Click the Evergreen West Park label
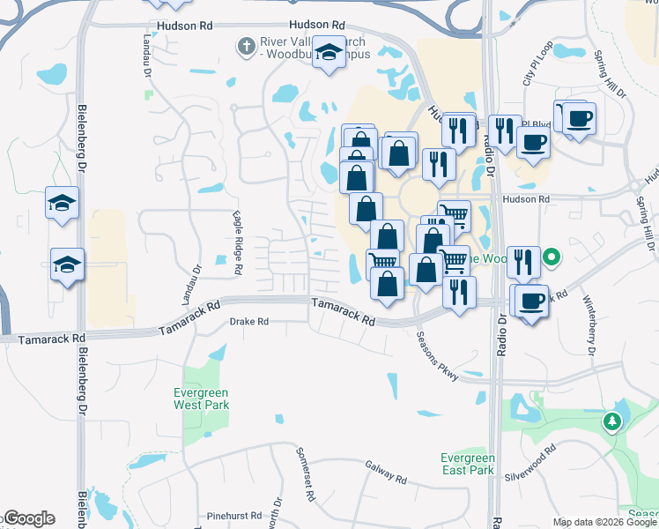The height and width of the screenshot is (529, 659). click(x=202, y=399)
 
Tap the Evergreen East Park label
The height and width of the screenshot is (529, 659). click(x=468, y=465)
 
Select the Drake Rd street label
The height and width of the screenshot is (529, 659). click(x=248, y=323)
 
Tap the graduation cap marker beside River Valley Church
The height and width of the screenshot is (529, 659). click(x=329, y=53)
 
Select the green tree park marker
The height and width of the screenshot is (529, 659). click(x=611, y=422)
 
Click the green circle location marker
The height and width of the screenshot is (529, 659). click(x=552, y=258)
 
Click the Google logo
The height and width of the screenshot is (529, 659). click(x=28, y=518)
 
